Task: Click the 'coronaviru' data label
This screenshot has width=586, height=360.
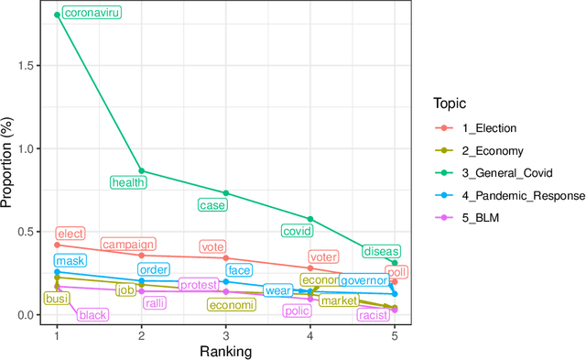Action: pyautogui.click(x=92, y=14)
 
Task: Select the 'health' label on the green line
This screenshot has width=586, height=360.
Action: pyautogui.click(x=128, y=182)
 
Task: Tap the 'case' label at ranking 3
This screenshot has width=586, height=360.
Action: pyautogui.click(x=212, y=205)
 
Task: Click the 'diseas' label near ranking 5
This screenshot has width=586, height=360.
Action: pyautogui.click(x=381, y=251)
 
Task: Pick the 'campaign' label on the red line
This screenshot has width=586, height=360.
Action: pyautogui.click(x=128, y=245)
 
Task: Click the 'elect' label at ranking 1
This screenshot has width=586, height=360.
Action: pyautogui.click(x=71, y=234)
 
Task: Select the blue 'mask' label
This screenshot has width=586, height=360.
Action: pyautogui.click(x=71, y=261)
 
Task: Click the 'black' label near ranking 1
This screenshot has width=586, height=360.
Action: pyautogui.click(x=92, y=315)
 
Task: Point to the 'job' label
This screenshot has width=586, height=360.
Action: pyautogui.click(x=126, y=290)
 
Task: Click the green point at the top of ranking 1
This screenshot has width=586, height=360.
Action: pyautogui.click(x=57, y=15)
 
